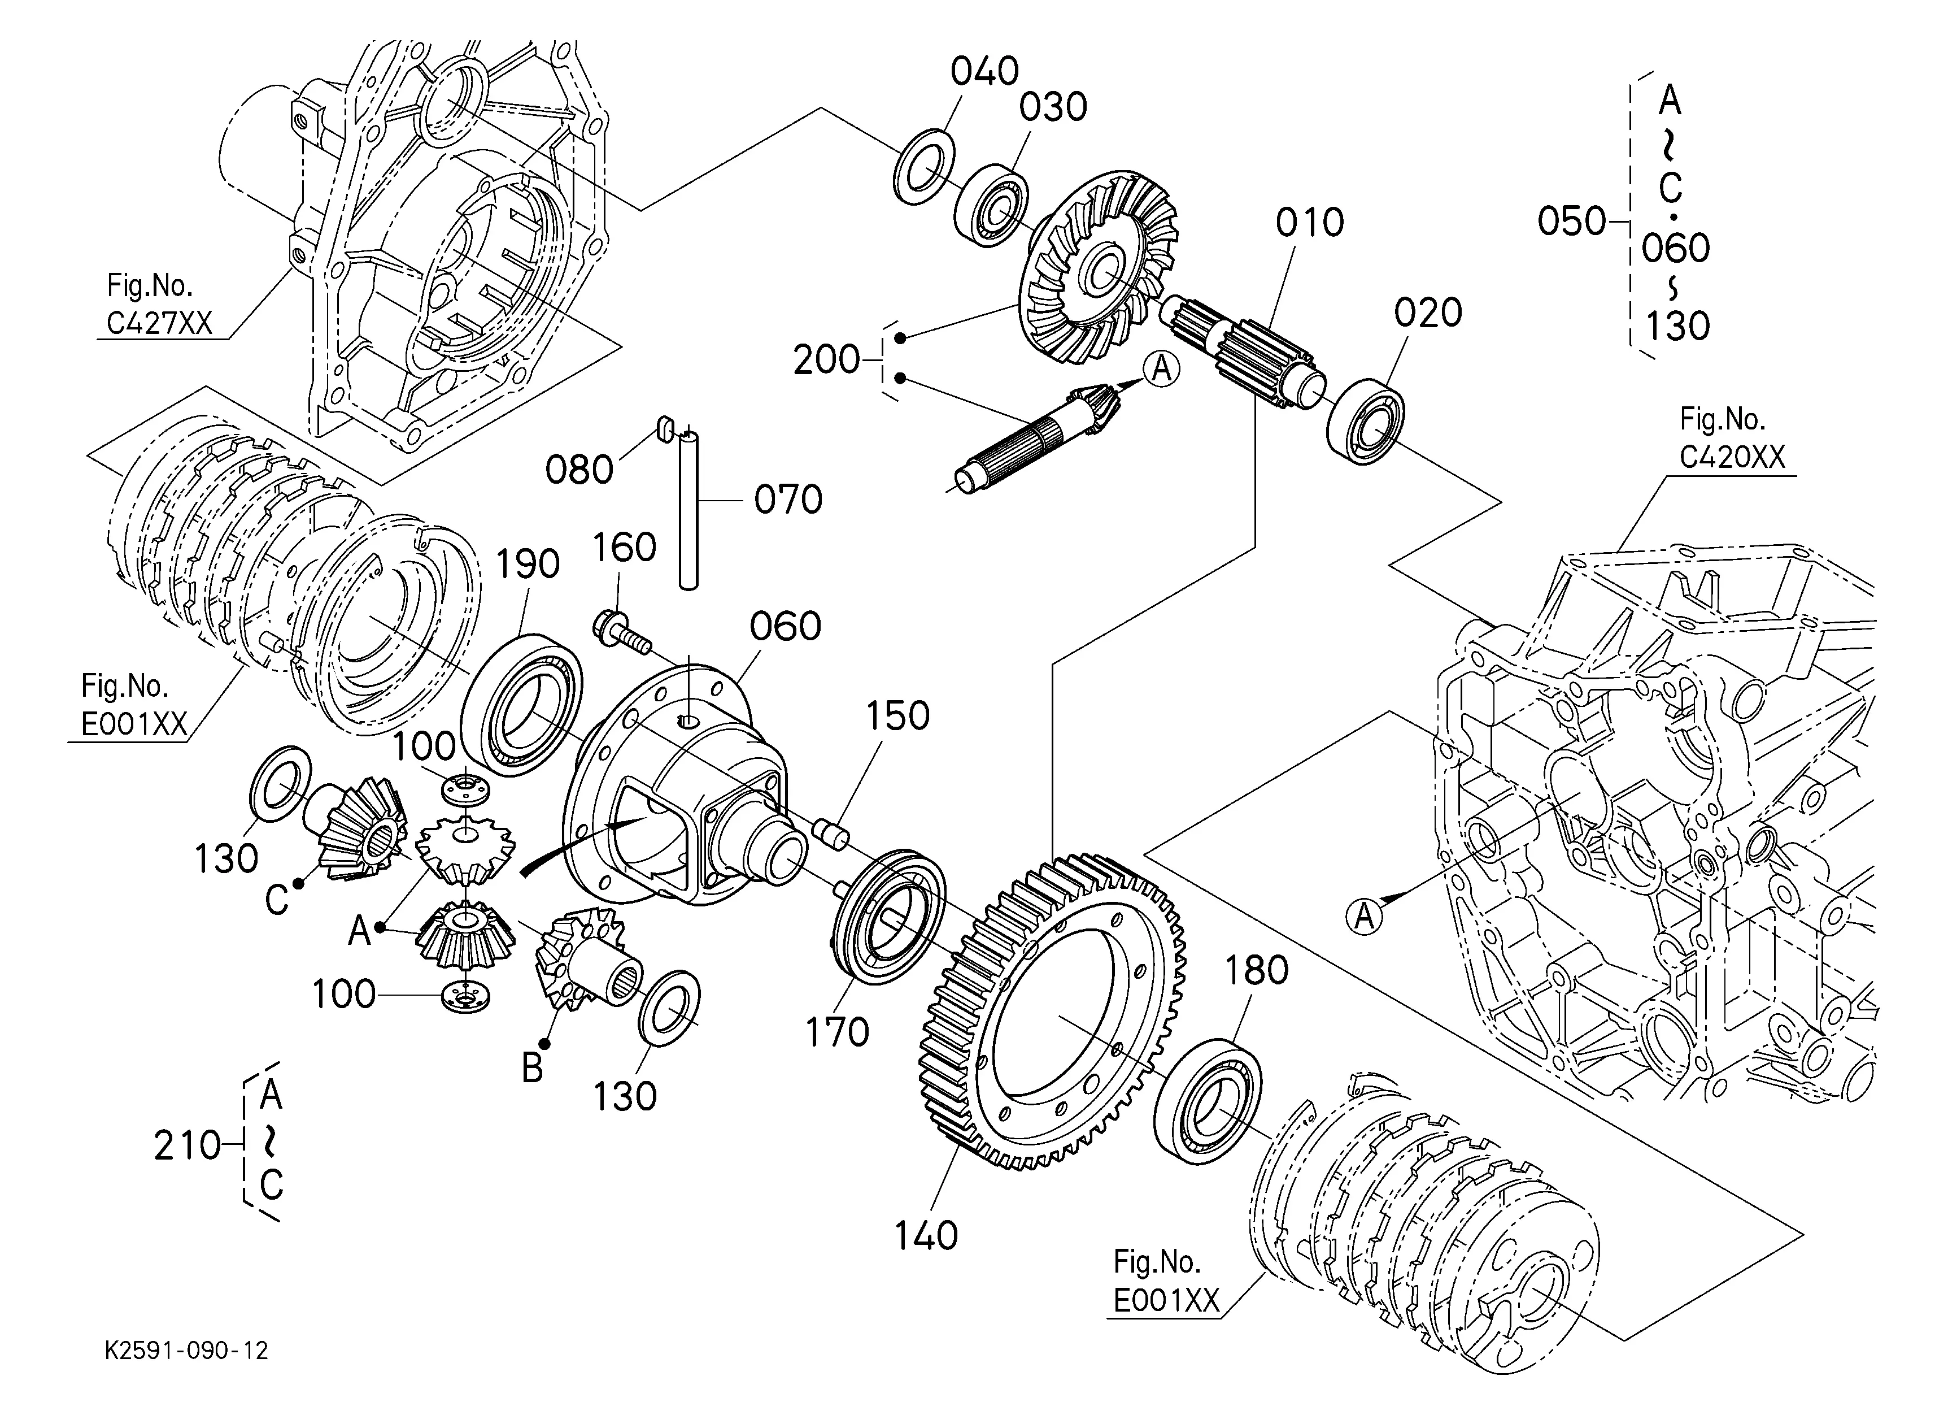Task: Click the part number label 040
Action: [984, 71]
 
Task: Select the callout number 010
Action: [1310, 223]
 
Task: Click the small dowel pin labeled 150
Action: [831, 834]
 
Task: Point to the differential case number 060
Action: [785, 626]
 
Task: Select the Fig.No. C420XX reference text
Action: [1732, 438]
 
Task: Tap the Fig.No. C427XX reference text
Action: [160, 303]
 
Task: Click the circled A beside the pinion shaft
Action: [1161, 370]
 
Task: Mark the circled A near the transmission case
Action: [1365, 916]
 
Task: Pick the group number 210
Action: [188, 1145]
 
